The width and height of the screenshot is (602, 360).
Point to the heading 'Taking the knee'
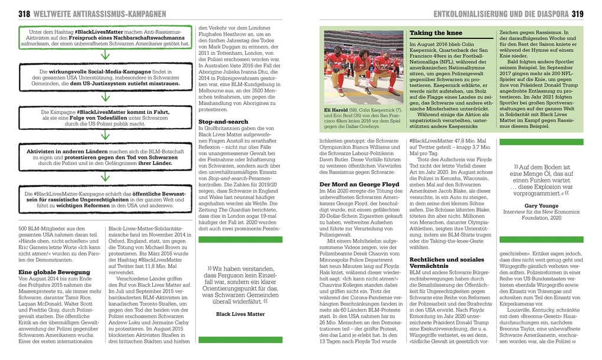coord(436,33)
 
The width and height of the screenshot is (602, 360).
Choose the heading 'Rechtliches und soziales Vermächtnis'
coord(447,263)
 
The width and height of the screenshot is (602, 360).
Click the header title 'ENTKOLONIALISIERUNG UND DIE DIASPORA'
coord(500,13)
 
